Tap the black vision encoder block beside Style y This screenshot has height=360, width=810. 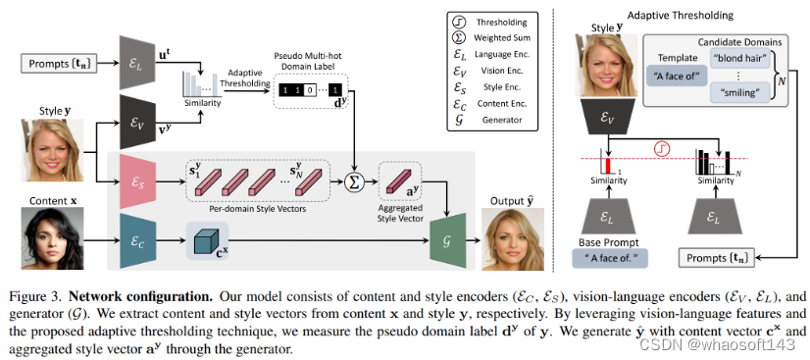coord(137,114)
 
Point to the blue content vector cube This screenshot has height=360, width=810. coord(205,238)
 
